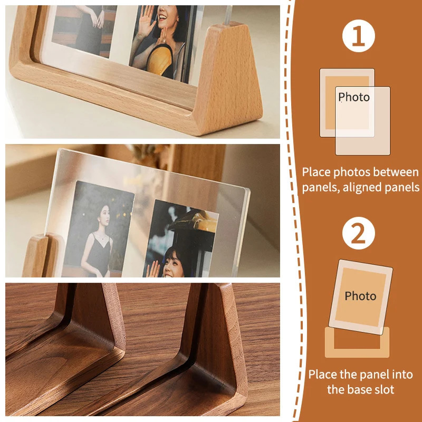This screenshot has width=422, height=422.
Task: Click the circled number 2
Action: [359, 234]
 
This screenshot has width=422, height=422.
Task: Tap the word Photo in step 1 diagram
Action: [354, 97]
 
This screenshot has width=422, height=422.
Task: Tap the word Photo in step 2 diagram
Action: [360, 296]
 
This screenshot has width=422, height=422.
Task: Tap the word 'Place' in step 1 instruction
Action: [316, 172]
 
